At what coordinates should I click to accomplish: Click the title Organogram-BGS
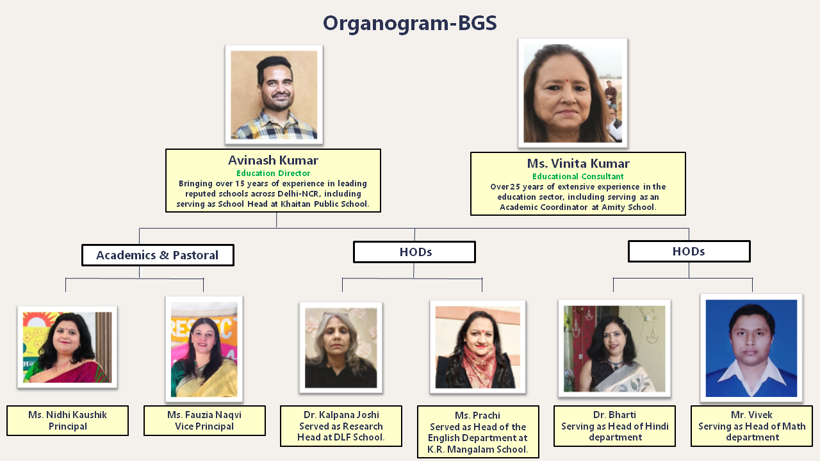click(409, 23)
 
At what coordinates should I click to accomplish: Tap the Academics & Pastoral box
click(158, 255)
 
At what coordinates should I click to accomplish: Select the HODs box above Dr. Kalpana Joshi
click(414, 252)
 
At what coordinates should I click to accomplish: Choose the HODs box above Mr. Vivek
click(689, 251)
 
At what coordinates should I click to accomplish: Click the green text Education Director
click(273, 173)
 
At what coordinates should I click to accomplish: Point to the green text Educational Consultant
click(578, 176)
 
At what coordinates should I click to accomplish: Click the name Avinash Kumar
click(273, 160)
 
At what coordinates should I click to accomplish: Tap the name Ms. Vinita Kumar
click(578, 163)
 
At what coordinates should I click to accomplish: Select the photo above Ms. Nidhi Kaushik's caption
click(67, 347)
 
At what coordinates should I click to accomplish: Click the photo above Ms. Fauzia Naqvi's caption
click(204, 350)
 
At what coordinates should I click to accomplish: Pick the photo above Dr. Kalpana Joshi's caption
click(341, 348)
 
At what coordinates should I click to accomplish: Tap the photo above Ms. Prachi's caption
click(478, 347)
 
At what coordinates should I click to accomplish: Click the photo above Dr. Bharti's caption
click(614, 348)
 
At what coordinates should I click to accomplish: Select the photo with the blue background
click(751, 348)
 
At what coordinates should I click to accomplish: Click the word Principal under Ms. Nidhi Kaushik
click(68, 426)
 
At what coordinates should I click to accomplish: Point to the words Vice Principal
click(204, 426)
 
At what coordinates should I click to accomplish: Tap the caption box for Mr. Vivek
click(751, 426)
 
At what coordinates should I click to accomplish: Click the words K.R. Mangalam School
click(478, 449)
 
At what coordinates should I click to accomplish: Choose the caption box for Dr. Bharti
click(614, 426)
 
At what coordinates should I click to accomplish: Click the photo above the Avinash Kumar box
click(274, 95)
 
